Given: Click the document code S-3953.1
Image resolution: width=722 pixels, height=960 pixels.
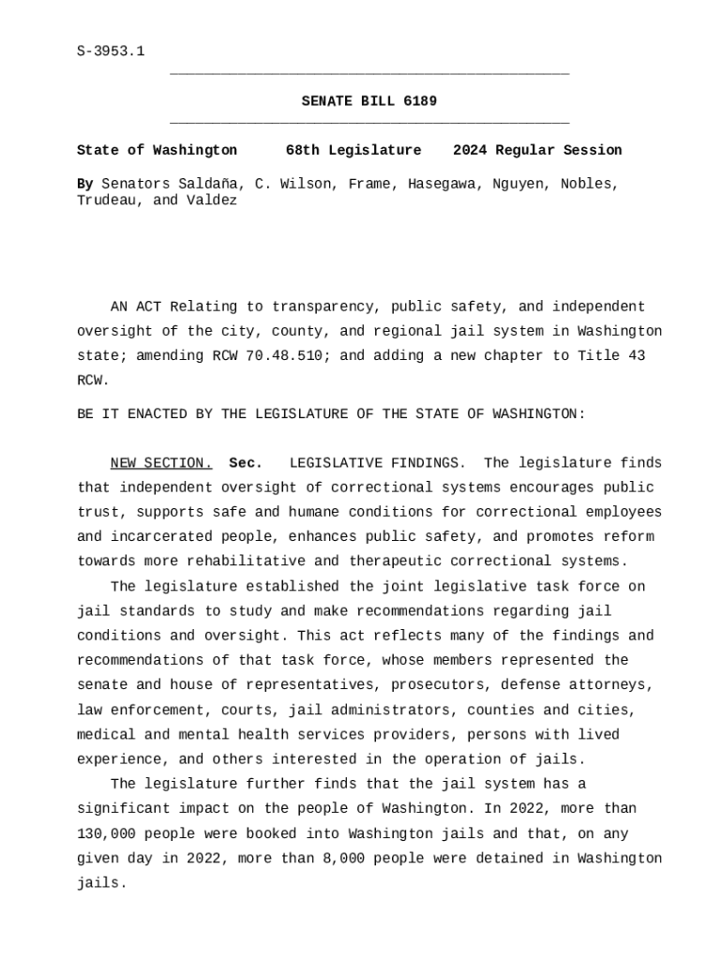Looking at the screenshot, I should (x=111, y=51).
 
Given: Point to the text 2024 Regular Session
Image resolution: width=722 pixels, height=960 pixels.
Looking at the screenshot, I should (x=537, y=150).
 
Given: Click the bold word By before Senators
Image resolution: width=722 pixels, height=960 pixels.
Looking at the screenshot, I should (x=84, y=184).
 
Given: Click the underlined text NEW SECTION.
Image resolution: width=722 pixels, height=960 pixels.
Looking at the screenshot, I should (x=161, y=463).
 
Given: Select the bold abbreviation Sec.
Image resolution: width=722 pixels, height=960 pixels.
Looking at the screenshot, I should (x=246, y=463).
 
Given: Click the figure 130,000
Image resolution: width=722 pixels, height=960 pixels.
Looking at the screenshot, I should (x=106, y=833).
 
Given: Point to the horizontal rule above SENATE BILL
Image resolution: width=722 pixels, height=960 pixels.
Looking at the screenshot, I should (x=369, y=73).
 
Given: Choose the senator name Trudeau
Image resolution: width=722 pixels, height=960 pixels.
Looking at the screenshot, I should (x=106, y=201).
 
